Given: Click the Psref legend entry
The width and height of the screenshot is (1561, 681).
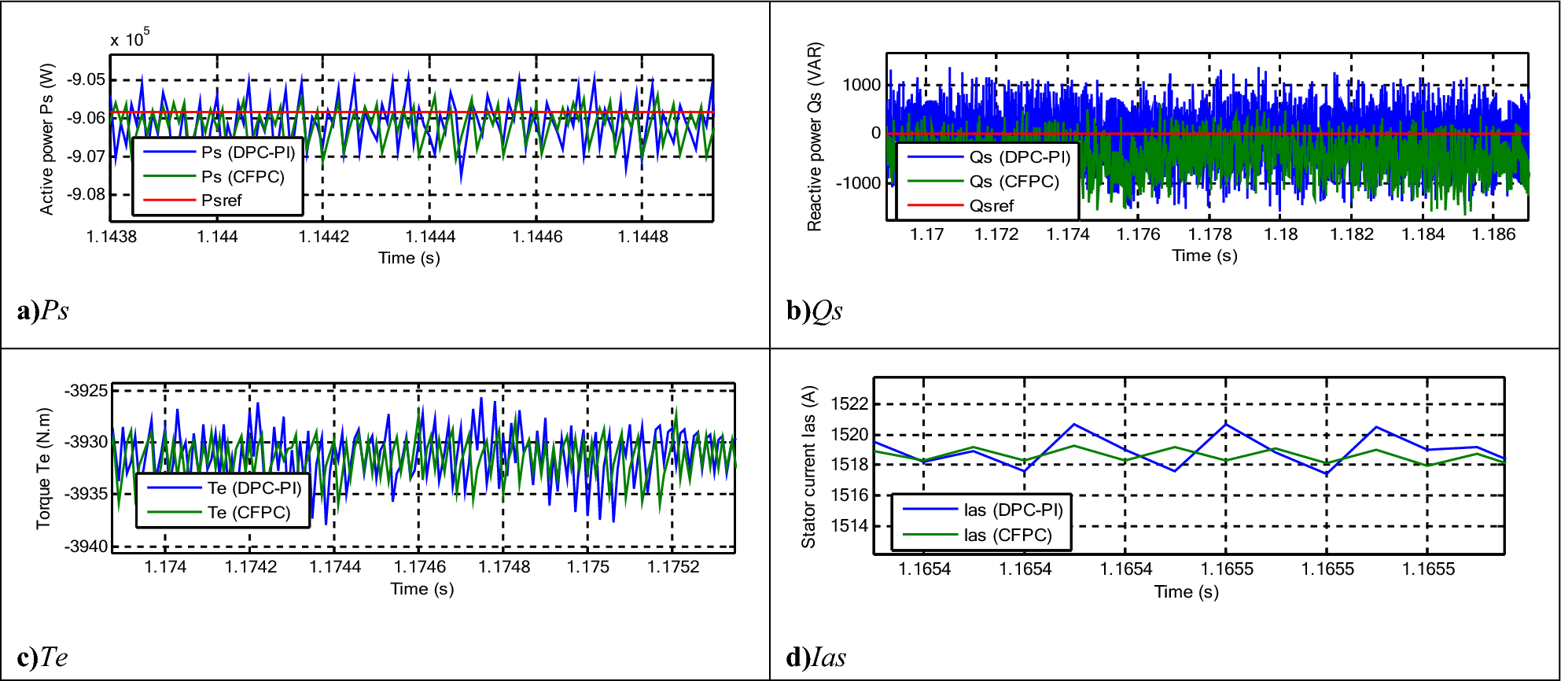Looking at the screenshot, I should (221, 201).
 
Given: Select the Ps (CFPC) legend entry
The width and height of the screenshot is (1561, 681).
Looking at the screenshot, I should (242, 176).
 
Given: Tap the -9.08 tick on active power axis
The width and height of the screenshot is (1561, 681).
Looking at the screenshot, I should (86, 194).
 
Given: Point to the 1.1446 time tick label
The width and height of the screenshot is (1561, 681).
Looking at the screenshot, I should (537, 237).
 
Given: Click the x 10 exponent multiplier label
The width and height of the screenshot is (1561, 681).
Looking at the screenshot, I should (129, 39).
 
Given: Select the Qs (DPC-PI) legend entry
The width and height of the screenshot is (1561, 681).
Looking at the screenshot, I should (1019, 157).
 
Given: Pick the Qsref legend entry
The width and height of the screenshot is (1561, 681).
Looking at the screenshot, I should (991, 206).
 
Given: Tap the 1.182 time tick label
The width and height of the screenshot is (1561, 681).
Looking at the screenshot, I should (1351, 234).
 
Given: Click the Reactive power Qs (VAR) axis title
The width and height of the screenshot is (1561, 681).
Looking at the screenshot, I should (815, 137).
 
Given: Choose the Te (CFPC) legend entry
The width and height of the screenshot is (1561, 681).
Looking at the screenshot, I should (249, 513).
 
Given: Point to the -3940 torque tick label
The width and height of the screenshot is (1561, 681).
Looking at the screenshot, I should (86, 547).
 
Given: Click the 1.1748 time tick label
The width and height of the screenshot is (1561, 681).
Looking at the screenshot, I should (503, 567).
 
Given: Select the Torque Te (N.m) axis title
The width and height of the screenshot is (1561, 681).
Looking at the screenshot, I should (44, 469).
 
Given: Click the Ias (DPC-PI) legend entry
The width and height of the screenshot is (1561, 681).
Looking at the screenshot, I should (1013, 510).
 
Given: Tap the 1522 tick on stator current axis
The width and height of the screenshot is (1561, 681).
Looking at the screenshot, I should (849, 404).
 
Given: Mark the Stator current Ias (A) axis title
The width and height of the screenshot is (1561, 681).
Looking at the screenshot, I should (809, 467).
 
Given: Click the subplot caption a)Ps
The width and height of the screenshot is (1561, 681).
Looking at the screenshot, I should (42, 311).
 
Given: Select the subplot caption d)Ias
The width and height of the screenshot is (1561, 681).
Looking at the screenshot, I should (815, 657).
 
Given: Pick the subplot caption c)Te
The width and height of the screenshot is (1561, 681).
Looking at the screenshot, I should (42, 657).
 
